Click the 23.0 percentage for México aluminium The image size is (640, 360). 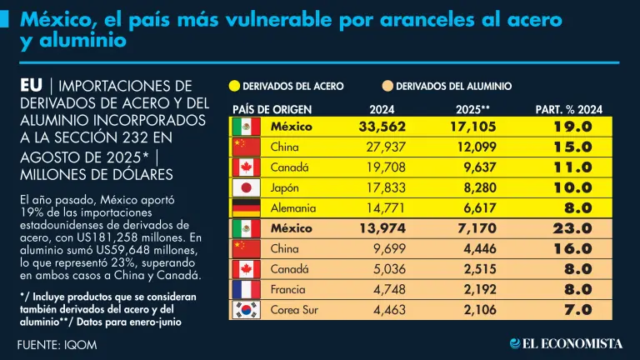572,228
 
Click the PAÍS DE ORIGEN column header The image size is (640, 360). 273,109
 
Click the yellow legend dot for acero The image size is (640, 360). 234,86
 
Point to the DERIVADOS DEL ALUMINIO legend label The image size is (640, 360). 453,86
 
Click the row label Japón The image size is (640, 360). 286,187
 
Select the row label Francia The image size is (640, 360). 289,290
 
